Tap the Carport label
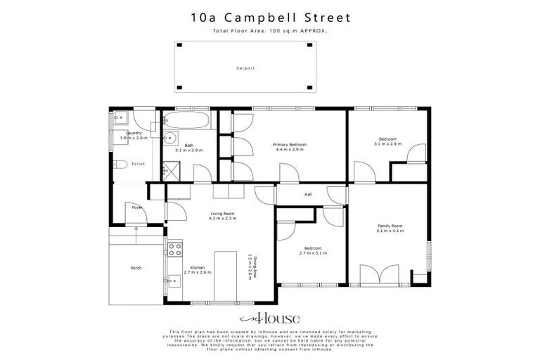[x=245, y=68]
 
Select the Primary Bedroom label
[x=290, y=144]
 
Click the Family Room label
[x=389, y=225]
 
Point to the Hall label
[x=308, y=195]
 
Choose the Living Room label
[x=222, y=213]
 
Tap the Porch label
[x=136, y=268]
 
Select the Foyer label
[x=137, y=207]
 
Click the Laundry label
[x=134, y=133]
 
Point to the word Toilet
[x=138, y=163]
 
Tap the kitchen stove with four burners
[x=175, y=249]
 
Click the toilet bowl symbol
[x=120, y=165]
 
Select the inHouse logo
[x=270, y=317]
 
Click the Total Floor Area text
[x=270, y=31]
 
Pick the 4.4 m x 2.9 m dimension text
[x=290, y=150]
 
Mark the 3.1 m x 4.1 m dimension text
[x=389, y=231]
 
